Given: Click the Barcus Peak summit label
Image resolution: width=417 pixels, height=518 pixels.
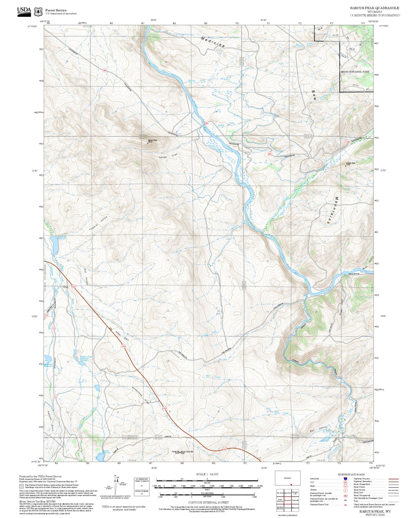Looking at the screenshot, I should [152, 141].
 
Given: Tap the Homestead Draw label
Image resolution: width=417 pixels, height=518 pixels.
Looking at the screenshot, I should [141, 395].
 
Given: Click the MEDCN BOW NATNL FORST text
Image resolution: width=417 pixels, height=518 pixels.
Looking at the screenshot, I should [355, 72].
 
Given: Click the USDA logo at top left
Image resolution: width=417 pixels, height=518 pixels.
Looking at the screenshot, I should [24, 11].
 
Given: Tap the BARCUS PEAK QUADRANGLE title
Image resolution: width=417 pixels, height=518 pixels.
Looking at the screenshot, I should [374, 8].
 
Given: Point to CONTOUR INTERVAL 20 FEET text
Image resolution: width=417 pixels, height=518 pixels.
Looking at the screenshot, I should [208, 502].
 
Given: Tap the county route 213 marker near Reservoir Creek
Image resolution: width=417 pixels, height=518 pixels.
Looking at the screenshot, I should [54, 328].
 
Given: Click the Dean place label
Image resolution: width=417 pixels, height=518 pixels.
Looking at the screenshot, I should [66, 287].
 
